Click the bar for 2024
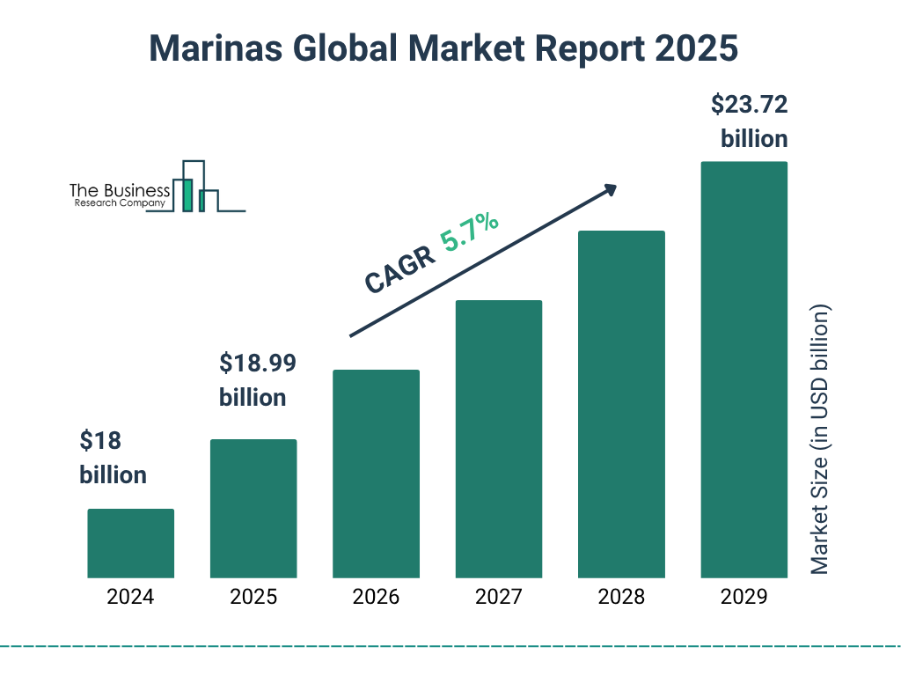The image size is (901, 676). tap(130, 543)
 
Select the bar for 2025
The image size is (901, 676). tap(253, 509)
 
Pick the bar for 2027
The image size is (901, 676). tap(499, 439)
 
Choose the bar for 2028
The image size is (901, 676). tap(621, 404)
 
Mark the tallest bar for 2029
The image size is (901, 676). tap(744, 370)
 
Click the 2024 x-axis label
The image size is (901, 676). tap(130, 597)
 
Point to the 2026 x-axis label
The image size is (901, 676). tap(376, 597)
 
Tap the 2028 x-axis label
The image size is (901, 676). tap(621, 597)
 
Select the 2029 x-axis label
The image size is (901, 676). tap(744, 597)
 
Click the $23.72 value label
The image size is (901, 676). tap(749, 106)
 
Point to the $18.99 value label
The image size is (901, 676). tap(257, 363)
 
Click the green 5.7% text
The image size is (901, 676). tap(471, 231)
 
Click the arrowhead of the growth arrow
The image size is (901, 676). tap(610, 189)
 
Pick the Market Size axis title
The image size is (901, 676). tap(820, 440)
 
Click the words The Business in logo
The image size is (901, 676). tap(120, 191)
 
